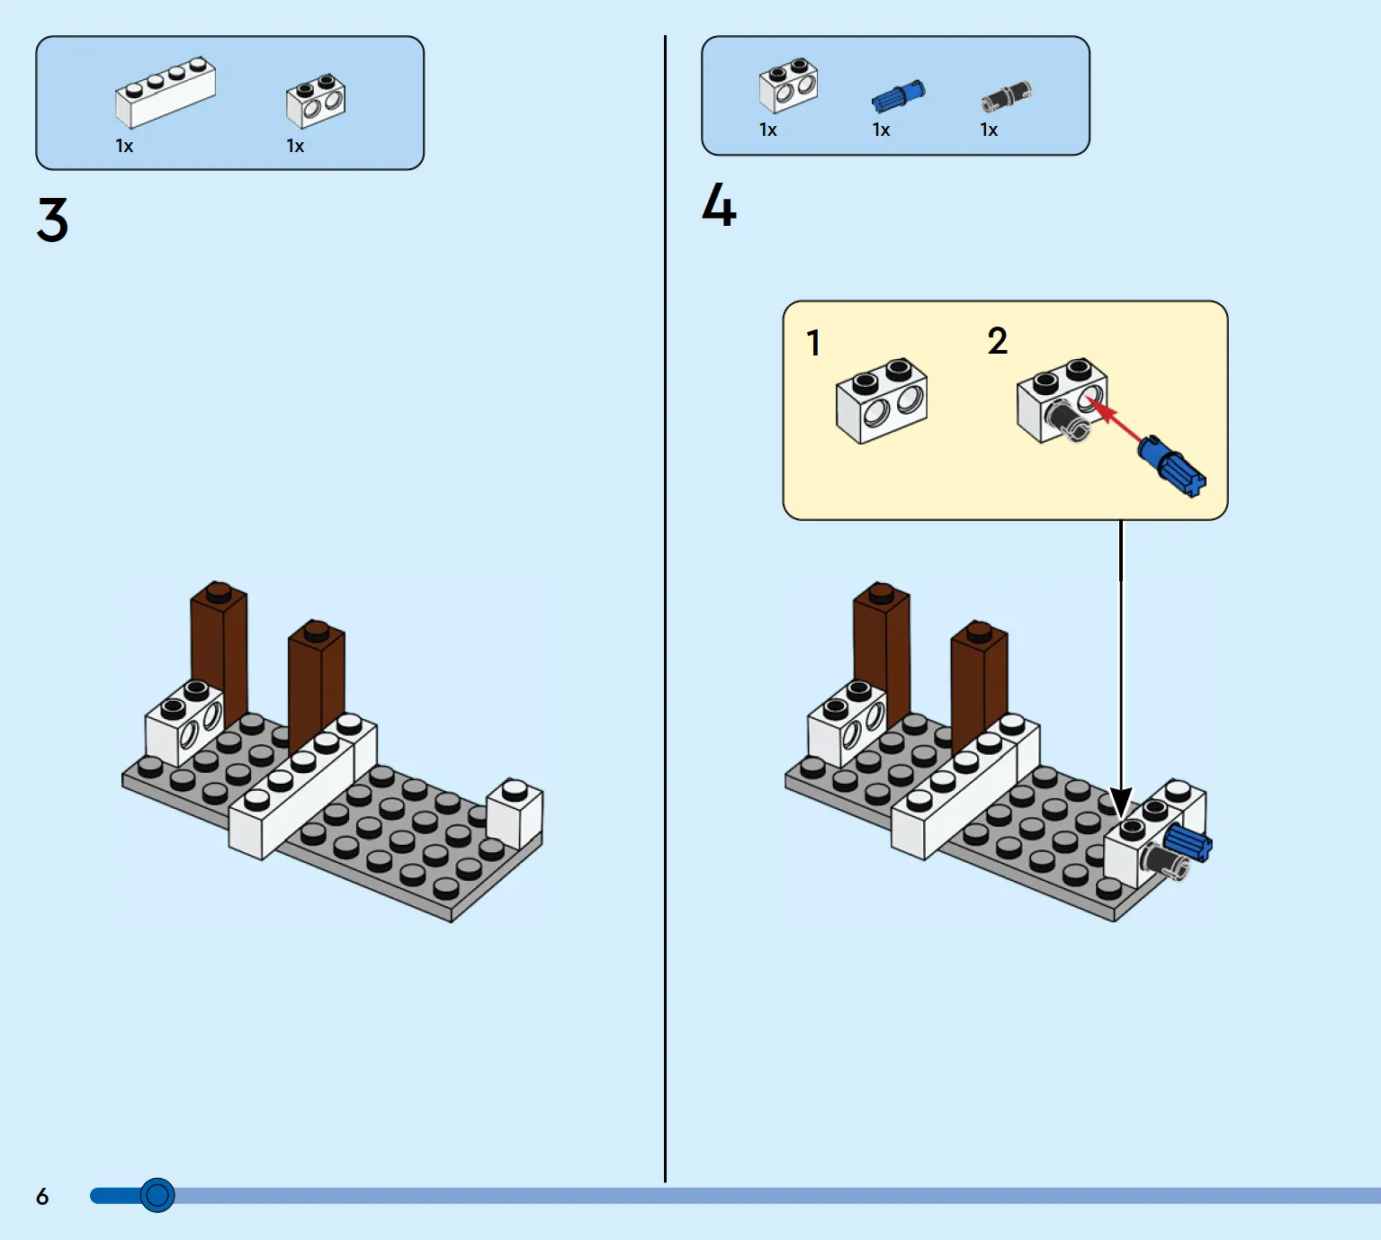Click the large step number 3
click(x=52, y=220)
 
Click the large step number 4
click(x=719, y=206)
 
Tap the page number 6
click(x=42, y=1196)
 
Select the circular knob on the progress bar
click(x=157, y=1195)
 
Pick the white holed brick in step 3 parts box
click(x=316, y=100)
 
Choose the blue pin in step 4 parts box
click(x=898, y=95)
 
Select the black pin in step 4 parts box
click(x=1006, y=94)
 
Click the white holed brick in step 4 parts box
click(x=788, y=85)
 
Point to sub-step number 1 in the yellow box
click(x=813, y=343)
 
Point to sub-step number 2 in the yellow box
click(x=997, y=341)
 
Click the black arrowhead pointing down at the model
click(x=1121, y=801)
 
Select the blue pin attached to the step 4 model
click(x=1188, y=843)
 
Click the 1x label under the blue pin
click(x=881, y=130)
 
